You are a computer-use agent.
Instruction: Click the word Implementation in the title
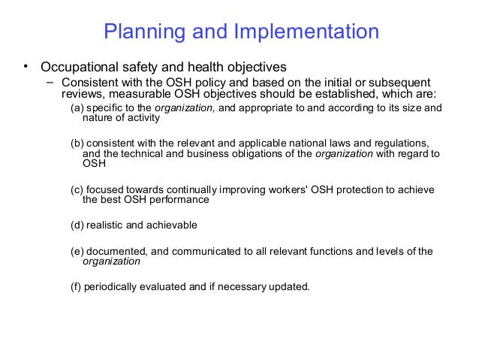(x=307, y=32)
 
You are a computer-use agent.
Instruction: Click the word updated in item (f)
(x=289, y=286)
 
